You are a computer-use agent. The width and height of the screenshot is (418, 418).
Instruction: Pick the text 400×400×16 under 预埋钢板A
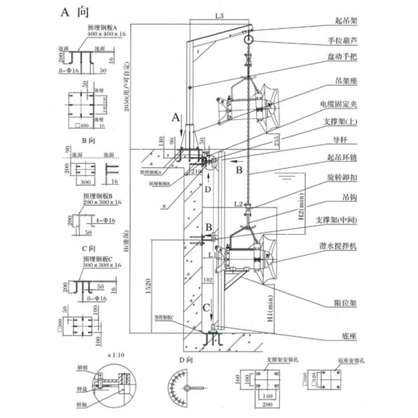pos(107,33)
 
